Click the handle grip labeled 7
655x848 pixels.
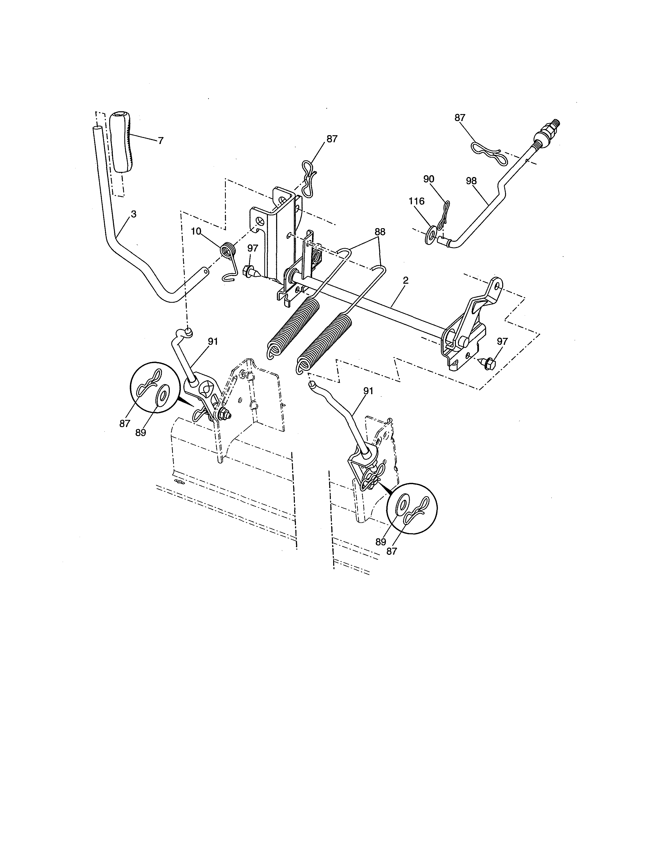coord(122,142)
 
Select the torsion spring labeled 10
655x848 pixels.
coord(228,249)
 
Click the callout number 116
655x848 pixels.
coord(416,201)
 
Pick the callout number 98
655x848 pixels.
coord(471,181)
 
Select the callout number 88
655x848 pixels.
coord(380,232)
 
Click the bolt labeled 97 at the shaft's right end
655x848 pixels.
coord(488,363)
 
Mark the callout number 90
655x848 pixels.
coord(429,179)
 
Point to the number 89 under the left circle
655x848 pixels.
coord(141,432)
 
